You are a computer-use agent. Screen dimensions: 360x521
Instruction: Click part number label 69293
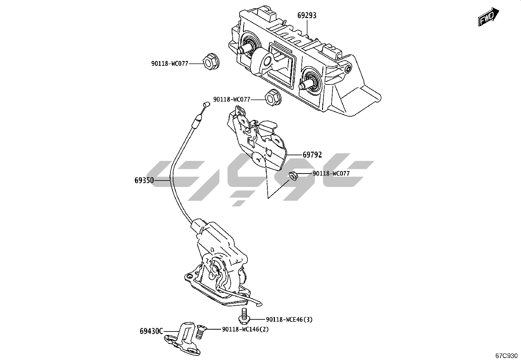[307, 15]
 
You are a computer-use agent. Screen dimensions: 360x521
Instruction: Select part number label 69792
[312, 155]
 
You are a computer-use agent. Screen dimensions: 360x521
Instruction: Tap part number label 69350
[144, 180]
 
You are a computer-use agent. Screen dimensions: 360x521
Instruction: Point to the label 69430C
[151, 331]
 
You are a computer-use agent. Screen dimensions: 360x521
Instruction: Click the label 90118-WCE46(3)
[289, 319]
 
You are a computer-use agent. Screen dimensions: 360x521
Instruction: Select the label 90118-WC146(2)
[245, 330]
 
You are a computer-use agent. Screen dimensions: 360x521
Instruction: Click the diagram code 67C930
[506, 355]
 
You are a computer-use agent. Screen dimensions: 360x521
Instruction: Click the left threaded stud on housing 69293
[244, 49]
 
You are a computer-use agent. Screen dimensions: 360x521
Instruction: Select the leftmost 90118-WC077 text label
[170, 64]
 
